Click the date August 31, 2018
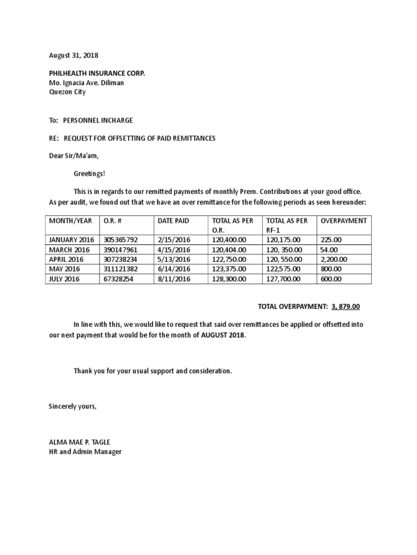coord(74,56)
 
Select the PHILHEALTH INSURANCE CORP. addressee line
coord(97,73)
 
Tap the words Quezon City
coord(67,92)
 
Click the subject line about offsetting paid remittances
coord(132,138)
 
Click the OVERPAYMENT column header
coord(344,221)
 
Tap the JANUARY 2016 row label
coord(71,240)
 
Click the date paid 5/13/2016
coord(174,260)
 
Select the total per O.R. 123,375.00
coord(229,269)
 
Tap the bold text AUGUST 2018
coord(223,335)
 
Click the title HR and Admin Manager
coord(85,451)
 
